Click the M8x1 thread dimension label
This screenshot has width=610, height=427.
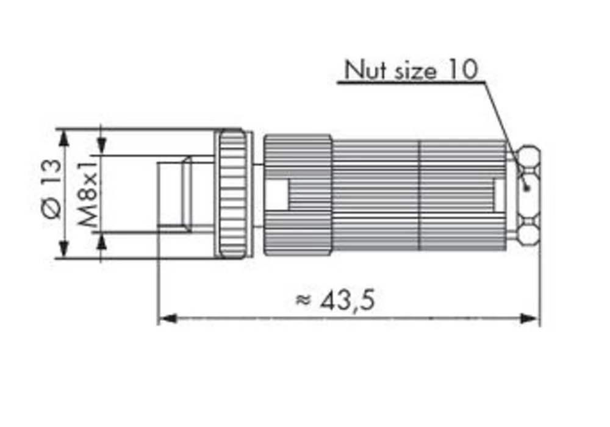click(x=89, y=192)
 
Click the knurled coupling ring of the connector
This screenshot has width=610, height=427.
click(x=234, y=193)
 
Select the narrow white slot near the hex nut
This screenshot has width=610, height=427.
click(x=498, y=193)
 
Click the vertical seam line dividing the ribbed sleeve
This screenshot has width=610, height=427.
click(x=418, y=194)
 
